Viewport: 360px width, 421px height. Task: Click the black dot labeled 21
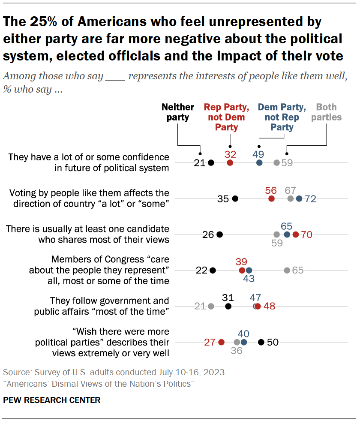[x=211, y=162]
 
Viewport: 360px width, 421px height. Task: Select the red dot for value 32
[x=230, y=162]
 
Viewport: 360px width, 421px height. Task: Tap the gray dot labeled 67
[x=291, y=198]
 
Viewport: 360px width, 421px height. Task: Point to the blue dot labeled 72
[x=299, y=198]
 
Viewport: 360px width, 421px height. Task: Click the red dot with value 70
[x=295, y=235]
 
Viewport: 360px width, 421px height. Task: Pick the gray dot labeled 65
[x=287, y=270]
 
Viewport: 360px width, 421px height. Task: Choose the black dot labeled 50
[x=261, y=342]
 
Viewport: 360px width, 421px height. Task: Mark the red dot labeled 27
[x=221, y=342]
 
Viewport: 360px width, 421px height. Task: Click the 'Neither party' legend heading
[x=178, y=112]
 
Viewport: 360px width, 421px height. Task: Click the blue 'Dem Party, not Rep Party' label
[x=282, y=117]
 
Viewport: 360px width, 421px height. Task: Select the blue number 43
[x=249, y=279]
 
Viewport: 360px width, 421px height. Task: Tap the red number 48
[x=269, y=306]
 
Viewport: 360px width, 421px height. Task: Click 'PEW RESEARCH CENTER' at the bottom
[x=51, y=400]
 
